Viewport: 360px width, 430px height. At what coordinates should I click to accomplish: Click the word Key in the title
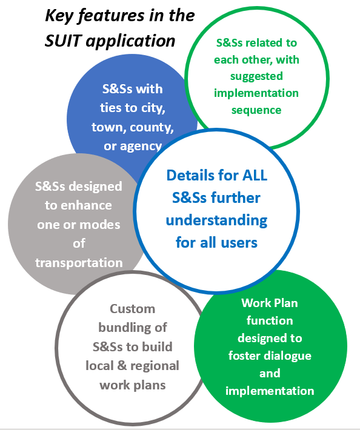(x=59, y=16)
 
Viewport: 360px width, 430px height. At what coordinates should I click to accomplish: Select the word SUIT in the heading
(x=63, y=41)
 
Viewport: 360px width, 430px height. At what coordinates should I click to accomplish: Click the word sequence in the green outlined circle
(x=256, y=110)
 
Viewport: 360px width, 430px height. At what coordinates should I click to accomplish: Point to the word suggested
(x=256, y=76)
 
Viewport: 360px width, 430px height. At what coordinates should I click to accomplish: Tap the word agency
(x=141, y=147)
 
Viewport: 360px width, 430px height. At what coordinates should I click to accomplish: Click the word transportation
(x=79, y=263)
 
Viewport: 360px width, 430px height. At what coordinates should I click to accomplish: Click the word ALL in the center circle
(x=255, y=175)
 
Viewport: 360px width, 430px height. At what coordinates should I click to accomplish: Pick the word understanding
(x=216, y=221)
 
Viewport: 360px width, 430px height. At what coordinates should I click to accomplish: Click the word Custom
(x=133, y=309)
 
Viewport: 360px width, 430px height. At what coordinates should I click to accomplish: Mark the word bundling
(x=121, y=328)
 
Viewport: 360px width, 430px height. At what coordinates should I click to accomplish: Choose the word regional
(x=155, y=366)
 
